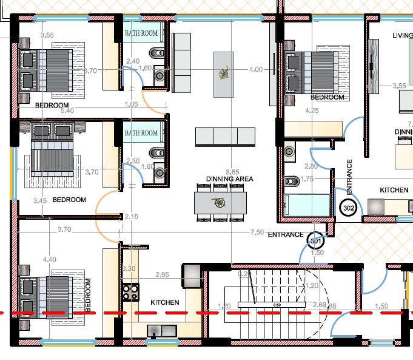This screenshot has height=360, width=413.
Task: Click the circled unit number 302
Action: click(x=349, y=208)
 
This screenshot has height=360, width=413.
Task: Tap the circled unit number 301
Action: click(x=315, y=241)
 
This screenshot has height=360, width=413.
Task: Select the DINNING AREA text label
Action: click(x=229, y=179)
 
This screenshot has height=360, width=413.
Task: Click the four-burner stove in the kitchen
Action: click(x=130, y=291)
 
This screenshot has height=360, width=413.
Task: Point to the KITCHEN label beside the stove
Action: click(x=164, y=302)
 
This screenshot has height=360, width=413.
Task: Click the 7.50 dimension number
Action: click(x=257, y=233)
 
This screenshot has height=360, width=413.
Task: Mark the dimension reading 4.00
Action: click(x=256, y=70)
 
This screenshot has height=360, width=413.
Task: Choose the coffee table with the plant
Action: click(x=224, y=74)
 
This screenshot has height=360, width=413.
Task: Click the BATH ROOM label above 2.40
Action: click(x=141, y=33)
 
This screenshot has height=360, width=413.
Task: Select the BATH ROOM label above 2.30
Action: click(x=141, y=133)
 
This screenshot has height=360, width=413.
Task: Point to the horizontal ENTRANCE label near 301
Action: click(x=286, y=235)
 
